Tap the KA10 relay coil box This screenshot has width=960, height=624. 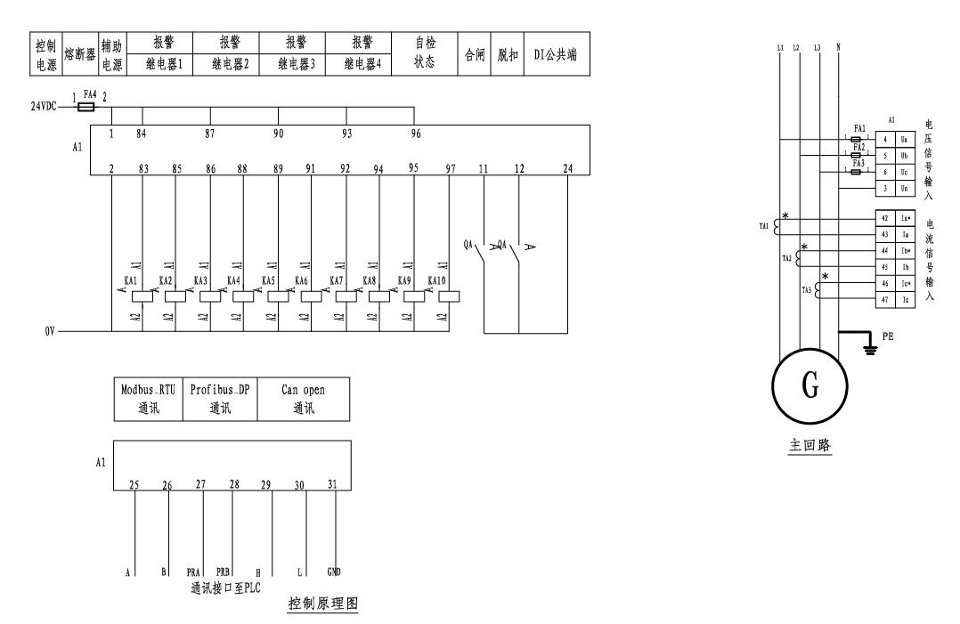450,296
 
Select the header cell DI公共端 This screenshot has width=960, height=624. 555,53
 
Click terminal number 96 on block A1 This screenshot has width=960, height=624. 414,134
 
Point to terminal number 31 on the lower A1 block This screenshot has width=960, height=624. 333,484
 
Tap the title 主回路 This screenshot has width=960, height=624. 809,446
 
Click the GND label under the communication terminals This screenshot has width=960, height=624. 333,571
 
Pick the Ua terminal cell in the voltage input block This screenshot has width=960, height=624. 887,140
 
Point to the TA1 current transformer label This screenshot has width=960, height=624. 764,226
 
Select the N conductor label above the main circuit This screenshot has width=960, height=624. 840,46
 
